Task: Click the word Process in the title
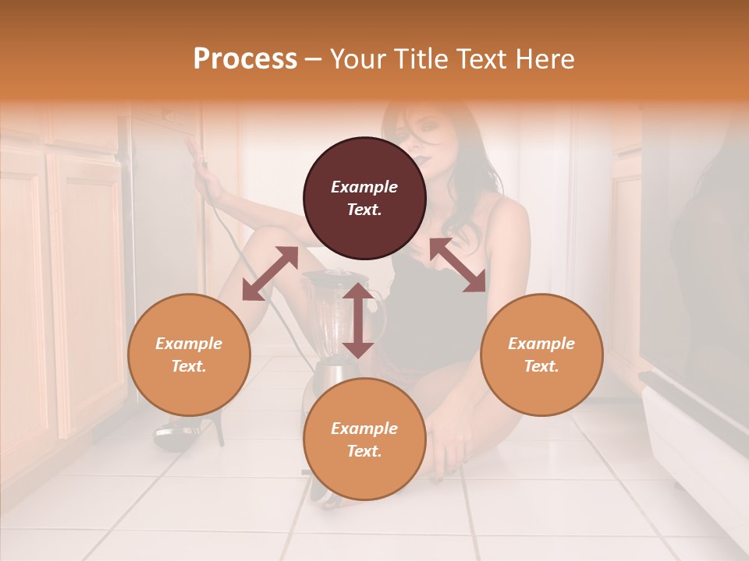pos(245,59)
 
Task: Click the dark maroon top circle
pos(364,198)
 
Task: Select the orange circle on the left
pos(189,355)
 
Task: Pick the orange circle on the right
pos(541,355)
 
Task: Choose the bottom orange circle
pos(364,439)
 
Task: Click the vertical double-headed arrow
pos(358,320)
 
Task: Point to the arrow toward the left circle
pos(270,273)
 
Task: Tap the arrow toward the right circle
pos(457,265)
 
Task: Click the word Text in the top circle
pos(364,210)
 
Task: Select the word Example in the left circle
pos(189,344)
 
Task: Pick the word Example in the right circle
pos(541,344)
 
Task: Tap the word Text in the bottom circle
pos(364,451)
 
